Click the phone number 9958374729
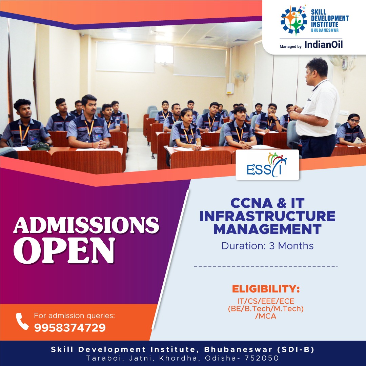click(70, 327)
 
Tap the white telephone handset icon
click(22, 321)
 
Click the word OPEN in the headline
click(64, 250)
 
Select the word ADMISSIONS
click(86, 225)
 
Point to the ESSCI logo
click(267, 165)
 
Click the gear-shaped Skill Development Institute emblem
click(293, 21)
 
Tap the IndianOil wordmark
click(324, 44)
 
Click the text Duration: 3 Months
click(267, 246)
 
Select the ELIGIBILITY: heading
click(266, 289)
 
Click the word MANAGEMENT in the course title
click(267, 229)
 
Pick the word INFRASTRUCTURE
click(267, 216)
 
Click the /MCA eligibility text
click(266, 316)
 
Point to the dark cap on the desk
click(40, 146)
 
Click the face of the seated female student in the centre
click(186, 117)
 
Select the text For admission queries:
click(75, 316)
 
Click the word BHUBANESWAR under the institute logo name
click(325, 30)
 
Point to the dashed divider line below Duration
click(266, 266)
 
